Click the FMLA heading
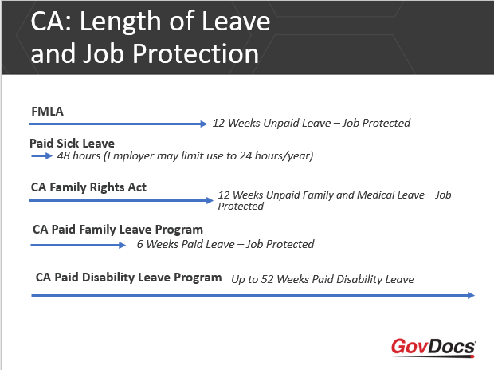pyautogui.click(x=47, y=111)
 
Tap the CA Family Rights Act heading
pyautogui.click(x=88, y=187)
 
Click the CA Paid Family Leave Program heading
pyautogui.click(x=118, y=229)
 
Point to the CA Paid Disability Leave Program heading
pyautogui.click(x=128, y=277)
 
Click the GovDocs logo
pyautogui.click(x=433, y=347)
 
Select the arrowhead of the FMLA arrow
pyautogui.click(x=203, y=124)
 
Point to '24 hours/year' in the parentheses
pyautogui.click(x=275, y=155)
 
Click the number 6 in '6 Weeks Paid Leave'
pyautogui.click(x=140, y=244)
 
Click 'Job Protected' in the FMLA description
pyautogui.click(x=376, y=124)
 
